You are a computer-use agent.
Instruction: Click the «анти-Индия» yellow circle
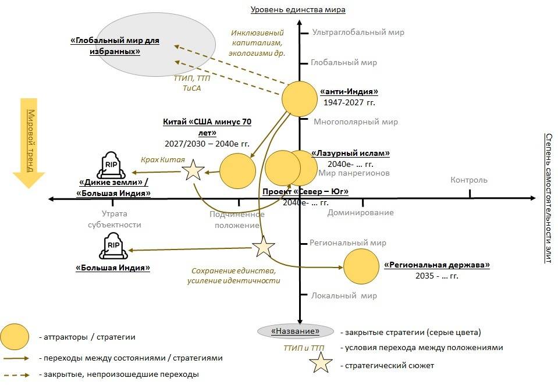click(300, 99)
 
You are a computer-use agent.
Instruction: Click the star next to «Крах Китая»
click(194, 170)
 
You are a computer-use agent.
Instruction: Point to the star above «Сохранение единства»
click(263, 247)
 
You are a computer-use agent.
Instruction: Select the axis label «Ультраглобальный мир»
click(358, 33)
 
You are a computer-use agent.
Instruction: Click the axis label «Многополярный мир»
click(356, 122)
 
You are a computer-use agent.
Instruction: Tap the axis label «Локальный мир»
click(344, 295)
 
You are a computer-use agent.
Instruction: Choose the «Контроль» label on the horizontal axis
click(469, 180)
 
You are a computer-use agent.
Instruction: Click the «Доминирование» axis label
click(360, 212)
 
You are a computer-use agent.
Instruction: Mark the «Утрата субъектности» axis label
click(114, 219)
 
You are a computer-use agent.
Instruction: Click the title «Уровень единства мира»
click(298, 9)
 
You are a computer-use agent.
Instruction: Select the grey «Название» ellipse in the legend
click(297, 331)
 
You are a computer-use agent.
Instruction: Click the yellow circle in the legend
click(15, 337)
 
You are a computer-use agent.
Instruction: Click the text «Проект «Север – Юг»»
click(305, 192)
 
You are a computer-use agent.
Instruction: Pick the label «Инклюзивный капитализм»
click(257, 37)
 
